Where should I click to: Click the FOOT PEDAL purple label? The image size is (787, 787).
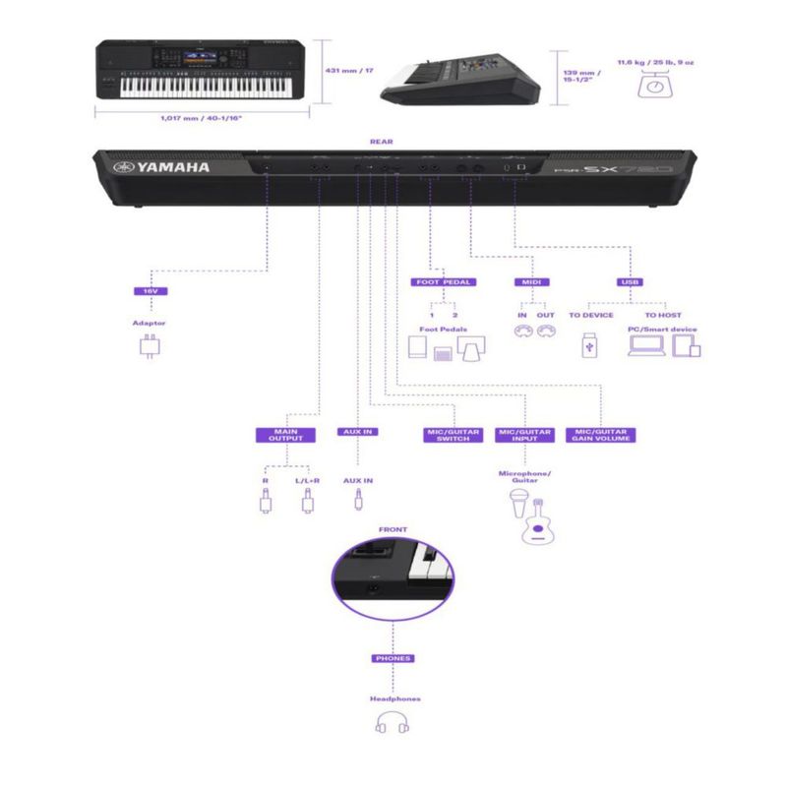pyautogui.click(x=443, y=282)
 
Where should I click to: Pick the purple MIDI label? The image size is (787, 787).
pyautogui.click(x=527, y=282)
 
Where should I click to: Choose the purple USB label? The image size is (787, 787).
pyautogui.click(x=629, y=282)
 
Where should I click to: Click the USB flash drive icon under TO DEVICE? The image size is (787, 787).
pyautogui.click(x=588, y=345)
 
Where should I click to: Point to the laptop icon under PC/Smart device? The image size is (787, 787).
pyautogui.click(x=645, y=345)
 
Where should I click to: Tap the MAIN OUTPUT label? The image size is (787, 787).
pyautogui.click(x=284, y=434)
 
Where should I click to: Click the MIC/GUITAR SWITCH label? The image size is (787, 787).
pyautogui.click(x=454, y=434)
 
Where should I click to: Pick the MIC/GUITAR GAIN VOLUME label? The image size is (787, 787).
pyautogui.click(x=601, y=434)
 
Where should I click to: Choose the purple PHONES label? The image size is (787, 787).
pyautogui.click(x=393, y=658)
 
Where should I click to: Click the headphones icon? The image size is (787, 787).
pyautogui.click(x=392, y=724)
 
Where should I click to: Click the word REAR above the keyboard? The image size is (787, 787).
pyautogui.click(x=381, y=142)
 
